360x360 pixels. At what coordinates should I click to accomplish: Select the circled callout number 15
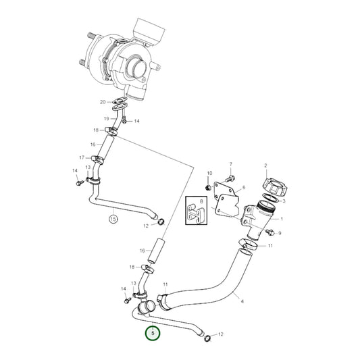(x=113, y=219)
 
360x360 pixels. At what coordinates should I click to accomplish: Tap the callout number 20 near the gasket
(x=103, y=103)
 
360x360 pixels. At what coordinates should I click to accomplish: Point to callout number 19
(x=105, y=118)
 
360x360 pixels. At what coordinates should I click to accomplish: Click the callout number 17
(x=82, y=158)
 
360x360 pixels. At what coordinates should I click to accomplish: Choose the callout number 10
(x=209, y=174)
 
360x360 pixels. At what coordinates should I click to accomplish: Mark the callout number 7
(x=230, y=165)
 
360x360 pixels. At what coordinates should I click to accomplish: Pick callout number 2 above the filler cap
(x=266, y=165)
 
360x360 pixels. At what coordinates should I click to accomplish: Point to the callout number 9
(x=279, y=233)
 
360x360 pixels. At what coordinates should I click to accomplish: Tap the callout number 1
(x=282, y=219)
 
